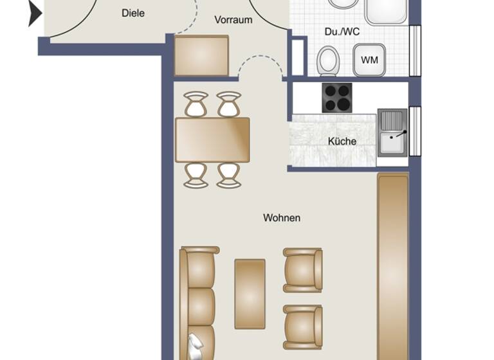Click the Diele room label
(133, 13)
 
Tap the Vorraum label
(233, 20)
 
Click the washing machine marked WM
(369, 60)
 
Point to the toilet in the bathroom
(329, 61)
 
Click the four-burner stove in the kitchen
(337, 98)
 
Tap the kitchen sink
(392, 133)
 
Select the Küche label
(342, 141)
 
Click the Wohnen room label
(282, 218)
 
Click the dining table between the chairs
(212, 139)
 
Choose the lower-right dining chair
(228, 175)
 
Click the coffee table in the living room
(250, 293)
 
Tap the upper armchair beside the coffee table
(303, 269)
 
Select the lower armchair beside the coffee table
(303, 327)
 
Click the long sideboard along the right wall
(392, 264)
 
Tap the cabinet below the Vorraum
(201, 56)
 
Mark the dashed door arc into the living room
(260, 63)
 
